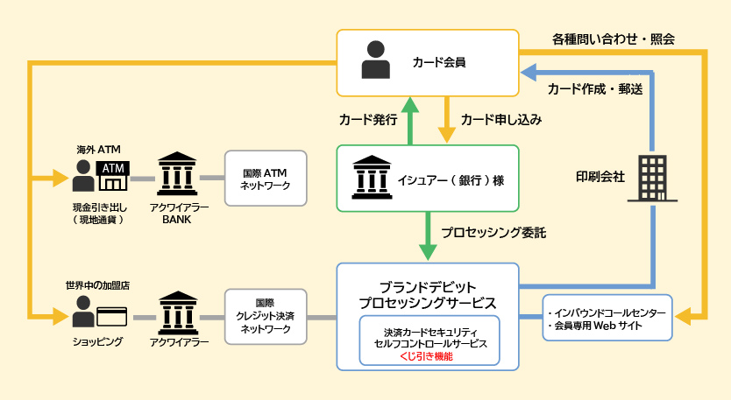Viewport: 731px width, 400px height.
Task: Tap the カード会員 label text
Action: (438, 62)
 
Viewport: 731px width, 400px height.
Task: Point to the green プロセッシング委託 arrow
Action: (428, 236)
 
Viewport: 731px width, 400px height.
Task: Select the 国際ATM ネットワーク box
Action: (266, 179)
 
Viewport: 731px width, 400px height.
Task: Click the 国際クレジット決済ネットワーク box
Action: (266, 315)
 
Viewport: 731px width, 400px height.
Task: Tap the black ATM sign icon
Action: (114, 168)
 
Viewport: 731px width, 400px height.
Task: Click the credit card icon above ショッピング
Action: (112, 315)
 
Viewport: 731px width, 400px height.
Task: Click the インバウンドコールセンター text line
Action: (607, 312)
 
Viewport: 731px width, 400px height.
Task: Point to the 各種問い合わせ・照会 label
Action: (613, 39)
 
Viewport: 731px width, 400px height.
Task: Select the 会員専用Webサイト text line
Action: (593, 326)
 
